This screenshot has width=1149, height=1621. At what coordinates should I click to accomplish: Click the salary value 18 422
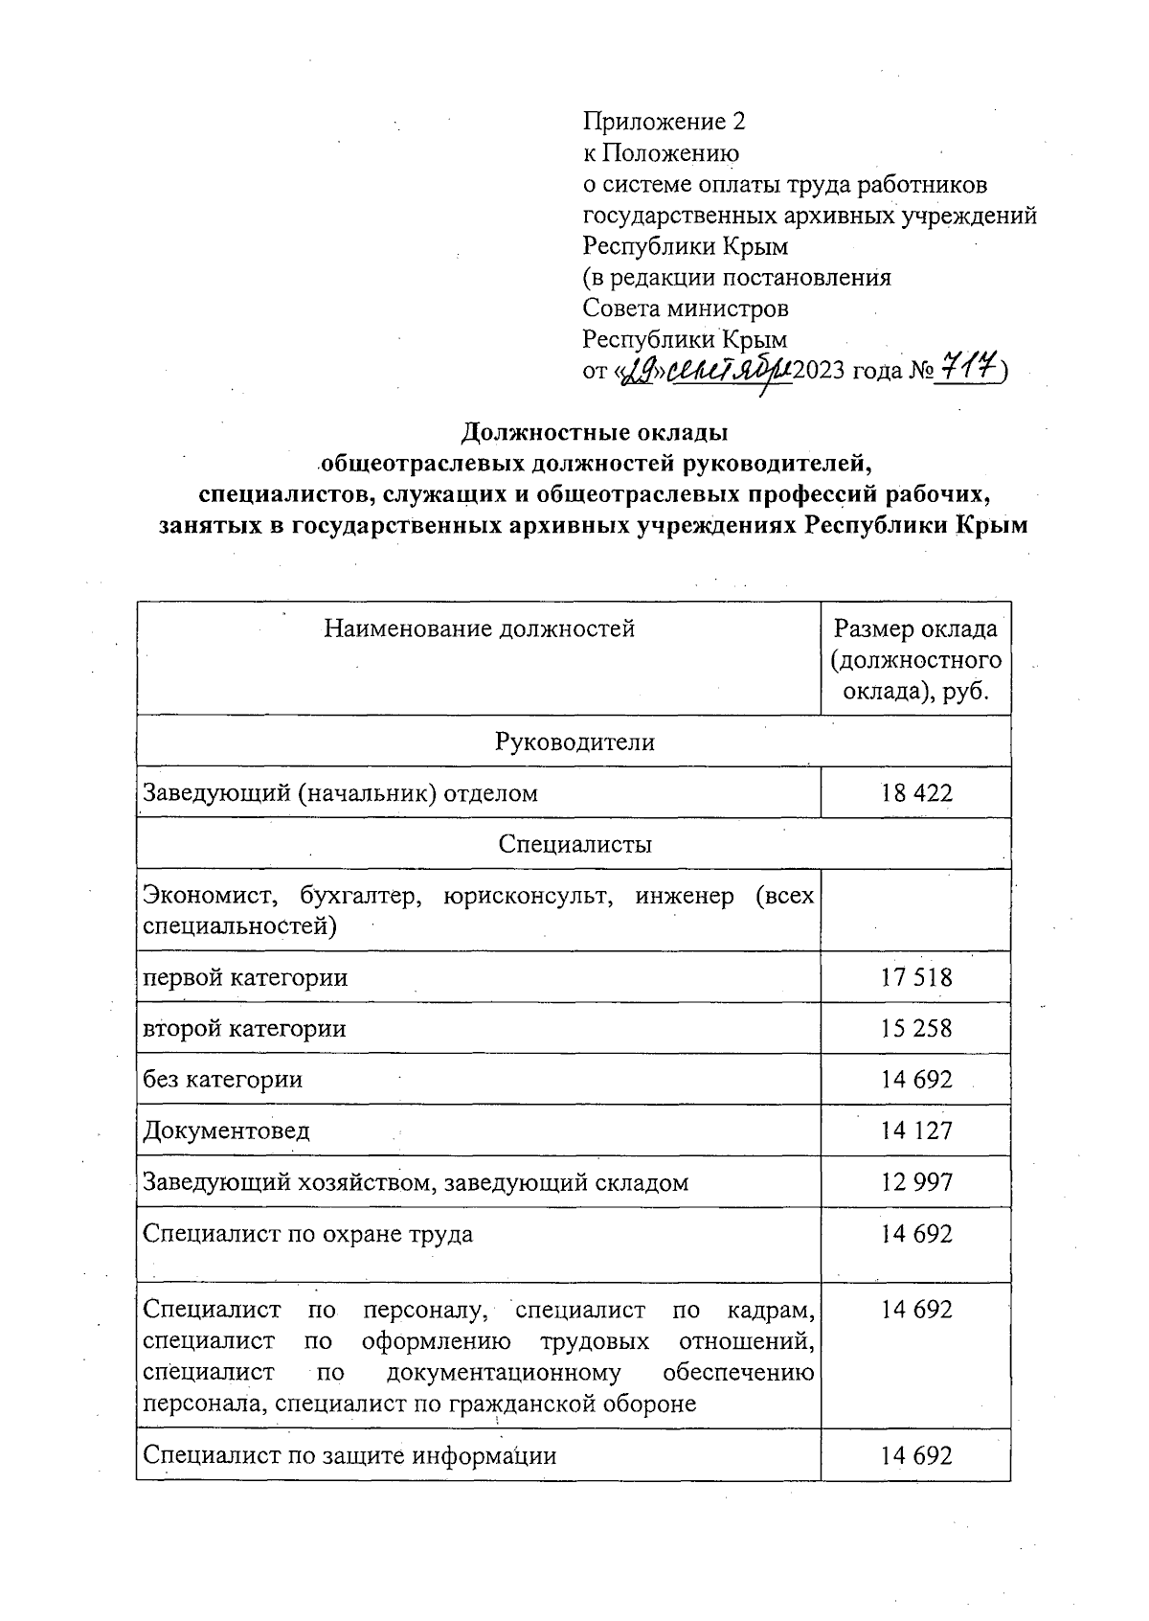916,792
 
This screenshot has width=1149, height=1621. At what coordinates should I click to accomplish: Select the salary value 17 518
916,977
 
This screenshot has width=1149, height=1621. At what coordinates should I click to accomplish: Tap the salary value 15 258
916,1028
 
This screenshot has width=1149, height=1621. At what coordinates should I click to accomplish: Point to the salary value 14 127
916,1130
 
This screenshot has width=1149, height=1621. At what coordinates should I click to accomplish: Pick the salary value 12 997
916,1181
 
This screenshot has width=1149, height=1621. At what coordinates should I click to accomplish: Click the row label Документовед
226,1130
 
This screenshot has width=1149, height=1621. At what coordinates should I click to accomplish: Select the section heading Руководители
574,742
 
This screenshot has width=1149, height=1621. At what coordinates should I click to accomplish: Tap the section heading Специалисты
574,844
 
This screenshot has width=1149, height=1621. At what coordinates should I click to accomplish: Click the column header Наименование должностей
479,628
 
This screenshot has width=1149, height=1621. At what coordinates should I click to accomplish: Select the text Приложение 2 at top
664,122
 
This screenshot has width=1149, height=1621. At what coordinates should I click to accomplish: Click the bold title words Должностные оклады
595,433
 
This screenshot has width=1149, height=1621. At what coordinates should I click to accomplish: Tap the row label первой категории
244,977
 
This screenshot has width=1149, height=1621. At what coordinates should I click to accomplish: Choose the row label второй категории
244,1028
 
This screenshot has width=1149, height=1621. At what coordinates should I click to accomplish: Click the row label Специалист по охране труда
307,1233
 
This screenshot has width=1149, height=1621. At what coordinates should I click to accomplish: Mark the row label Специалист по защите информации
349,1455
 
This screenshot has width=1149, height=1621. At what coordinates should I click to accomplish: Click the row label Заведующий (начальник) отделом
340,792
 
